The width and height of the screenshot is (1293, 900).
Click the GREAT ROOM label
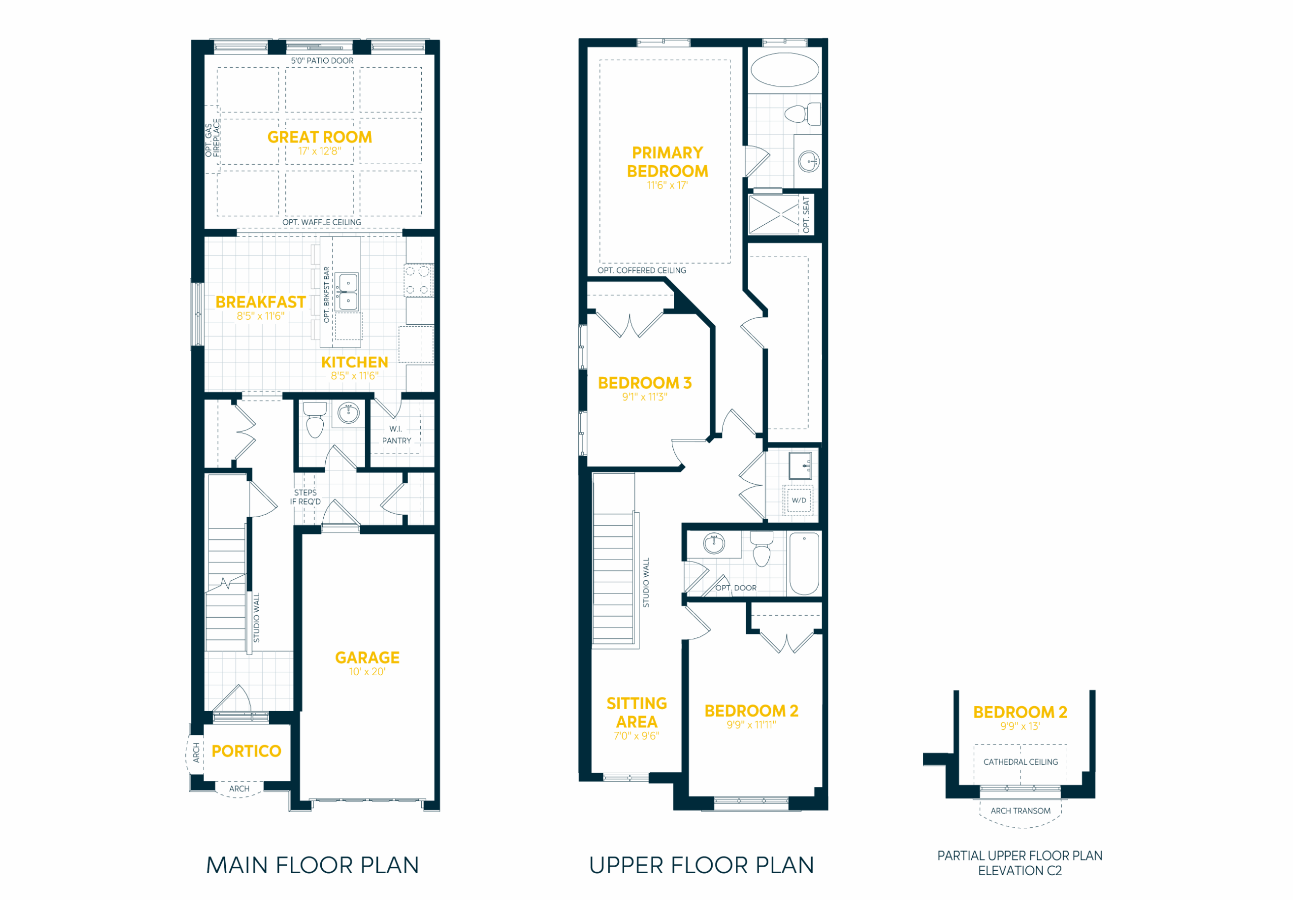pyautogui.click(x=319, y=137)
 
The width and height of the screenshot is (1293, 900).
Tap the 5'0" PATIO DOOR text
pyautogui.click(x=322, y=61)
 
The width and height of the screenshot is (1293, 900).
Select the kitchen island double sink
pyautogui.click(x=347, y=292)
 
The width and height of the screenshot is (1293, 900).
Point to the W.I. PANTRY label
pyautogui.click(x=396, y=435)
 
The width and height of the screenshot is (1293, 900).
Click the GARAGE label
pyautogui.click(x=367, y=657)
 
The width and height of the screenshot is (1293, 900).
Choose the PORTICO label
pyautogui.click(x=246, y=751)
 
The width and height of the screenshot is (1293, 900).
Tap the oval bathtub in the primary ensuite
pyautogui.click(x=784, y=70)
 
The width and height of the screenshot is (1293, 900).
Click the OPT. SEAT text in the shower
pyautogui.click(x=806, y=215)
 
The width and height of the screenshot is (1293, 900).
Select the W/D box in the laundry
pyautogui.click(x=799, y=500)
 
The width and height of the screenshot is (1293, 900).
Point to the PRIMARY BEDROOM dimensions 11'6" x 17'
pyautogui.click(x=667, y=185)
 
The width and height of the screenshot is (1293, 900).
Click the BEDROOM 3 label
pyautogui.click(x=644, y=383)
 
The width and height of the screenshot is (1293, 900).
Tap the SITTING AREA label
pyautogui.click(x=636, y=713)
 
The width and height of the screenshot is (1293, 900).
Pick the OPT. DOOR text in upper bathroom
pyautogui.click(x=735, y=588)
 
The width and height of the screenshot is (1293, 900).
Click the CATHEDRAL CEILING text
pyautogui.click(x=1020, y=762)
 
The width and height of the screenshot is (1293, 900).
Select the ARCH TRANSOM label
pyautogui.click(x=1020, y=811)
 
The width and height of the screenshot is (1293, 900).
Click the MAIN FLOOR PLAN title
pyautogui.click(x=313, y=865)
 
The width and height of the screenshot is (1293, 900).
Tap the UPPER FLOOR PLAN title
pyautogui.click(x=701, y=865)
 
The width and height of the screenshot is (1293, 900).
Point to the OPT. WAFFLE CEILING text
pyautogui.click(x=322, y=222)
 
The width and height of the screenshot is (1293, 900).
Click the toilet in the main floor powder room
pyautogui.click(x=315, y=420)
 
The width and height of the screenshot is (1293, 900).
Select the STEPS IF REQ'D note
pyautogui.click(x=305, y=497)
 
